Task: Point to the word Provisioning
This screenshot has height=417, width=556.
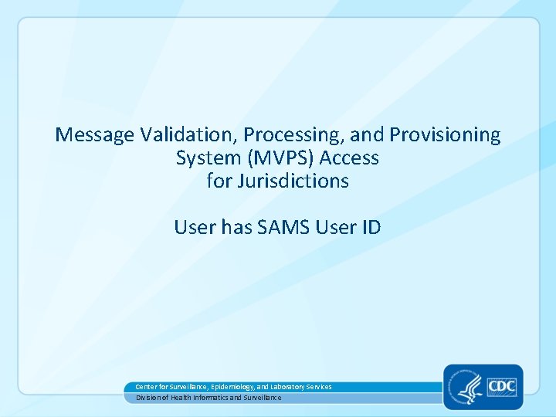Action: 445,135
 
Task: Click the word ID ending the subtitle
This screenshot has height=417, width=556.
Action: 368,228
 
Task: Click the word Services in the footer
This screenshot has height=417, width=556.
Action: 317,386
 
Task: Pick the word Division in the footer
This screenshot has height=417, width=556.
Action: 148,397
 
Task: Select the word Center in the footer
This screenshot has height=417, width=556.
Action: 146,386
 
